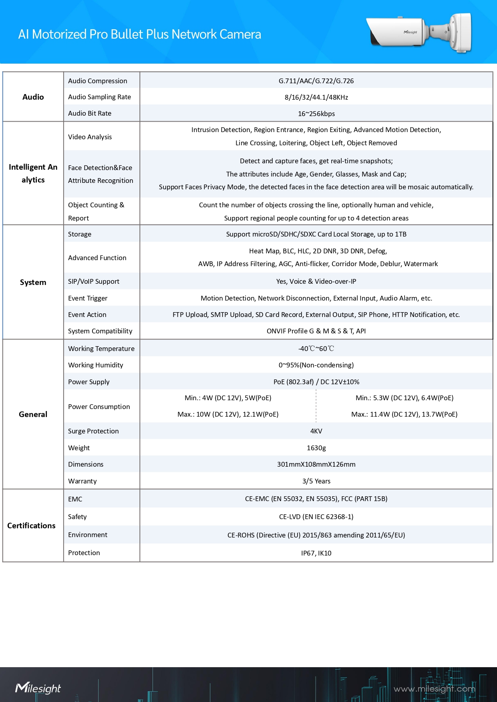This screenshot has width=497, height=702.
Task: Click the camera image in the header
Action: pyautogui.click(x=419, y=32)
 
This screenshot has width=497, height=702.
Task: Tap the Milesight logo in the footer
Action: pyautogui.click(x=38, y=688)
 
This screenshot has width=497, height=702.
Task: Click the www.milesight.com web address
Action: pyautogui.click(x=434, y=689)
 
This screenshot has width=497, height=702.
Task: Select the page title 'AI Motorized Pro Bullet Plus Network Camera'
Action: pyautogui.click(x=139, y=34)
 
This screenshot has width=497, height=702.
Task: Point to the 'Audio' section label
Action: pyautogui.click(x=33, y=97)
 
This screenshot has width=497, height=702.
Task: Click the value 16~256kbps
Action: pyautogui.click(x=316, y=114)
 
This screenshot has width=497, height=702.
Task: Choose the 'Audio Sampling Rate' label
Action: pyautogui.click(x=99, y=97)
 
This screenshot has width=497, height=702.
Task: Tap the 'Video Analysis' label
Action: pyautogui.click(x=90, y=137)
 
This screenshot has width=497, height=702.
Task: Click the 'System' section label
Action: pyautogui.click(x=33, y=282)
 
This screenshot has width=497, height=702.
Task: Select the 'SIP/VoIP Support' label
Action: pyautogui.click(x=93, y=281)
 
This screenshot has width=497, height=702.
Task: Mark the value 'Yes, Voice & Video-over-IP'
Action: pyautogui.click(x=316, y=281)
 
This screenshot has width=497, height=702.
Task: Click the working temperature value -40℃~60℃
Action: pyautogui.click(x=316, y=349)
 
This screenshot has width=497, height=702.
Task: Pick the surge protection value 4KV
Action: pyautogui.click(x=316, y=431)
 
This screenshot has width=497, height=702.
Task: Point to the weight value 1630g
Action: pyautogui.click(x=316, y=448)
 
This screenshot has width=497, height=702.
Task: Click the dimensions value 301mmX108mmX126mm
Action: pyautogui.click(x=316, y=464)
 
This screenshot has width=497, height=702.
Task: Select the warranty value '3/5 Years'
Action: pyautogui.click(x=316, y=481)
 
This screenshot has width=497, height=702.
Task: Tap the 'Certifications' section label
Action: pyautogui.click(x=31, y=525)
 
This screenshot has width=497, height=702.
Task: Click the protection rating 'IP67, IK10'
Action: pyautogui.click(x=316, y=553)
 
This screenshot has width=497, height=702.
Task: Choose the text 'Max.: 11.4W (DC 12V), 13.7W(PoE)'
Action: pyautogui.click(x=404, y=414)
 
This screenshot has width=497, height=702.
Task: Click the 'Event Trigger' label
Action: pyautogui.click(x=87, y=298)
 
